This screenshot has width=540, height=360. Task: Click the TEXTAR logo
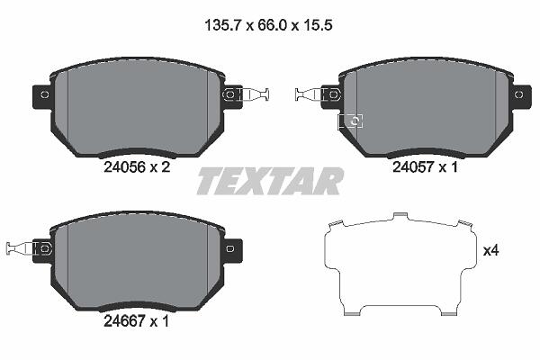coord(270,181)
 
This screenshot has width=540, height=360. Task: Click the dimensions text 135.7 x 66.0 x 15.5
coord(268,25)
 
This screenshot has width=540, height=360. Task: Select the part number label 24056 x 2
coord(137,167)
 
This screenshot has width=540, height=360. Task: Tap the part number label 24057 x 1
coord(426,167)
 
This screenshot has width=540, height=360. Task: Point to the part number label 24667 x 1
coord(137,321)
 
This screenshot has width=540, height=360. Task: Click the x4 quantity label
coord(491,251)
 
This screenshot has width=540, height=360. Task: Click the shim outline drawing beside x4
coord(400,264)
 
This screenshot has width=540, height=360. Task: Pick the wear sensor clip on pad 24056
coord(247,94)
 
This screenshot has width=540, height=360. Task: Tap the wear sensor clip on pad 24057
coord(318,94)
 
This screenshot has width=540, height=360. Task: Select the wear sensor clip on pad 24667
coord(29,248)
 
